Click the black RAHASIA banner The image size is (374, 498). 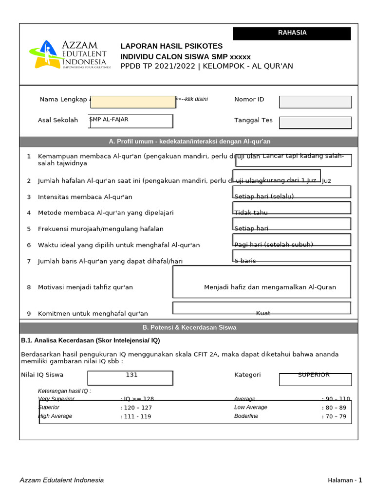coord(292,33)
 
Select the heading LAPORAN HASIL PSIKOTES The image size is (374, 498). coord(171,46)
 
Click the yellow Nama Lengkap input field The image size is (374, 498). coord(133,102)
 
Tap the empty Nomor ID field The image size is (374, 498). coord(315,102)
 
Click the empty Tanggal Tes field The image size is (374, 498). coord(315,123)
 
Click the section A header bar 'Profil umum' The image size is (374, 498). coord(189,142)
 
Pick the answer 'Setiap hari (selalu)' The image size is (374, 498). coord(264,196)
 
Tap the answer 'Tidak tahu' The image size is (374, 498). coord(251,213)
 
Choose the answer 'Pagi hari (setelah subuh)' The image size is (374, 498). coord(274,245)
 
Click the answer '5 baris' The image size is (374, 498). coord(245,261)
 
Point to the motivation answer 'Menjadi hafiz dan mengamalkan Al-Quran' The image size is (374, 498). coord(270,287)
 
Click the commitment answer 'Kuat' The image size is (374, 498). coord(263,313)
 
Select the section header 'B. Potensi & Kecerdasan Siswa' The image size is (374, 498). coord(189,328)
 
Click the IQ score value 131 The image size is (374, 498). coord(131,375)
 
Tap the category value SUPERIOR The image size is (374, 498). coord(314,375)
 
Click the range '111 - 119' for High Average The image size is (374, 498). coord(135,416)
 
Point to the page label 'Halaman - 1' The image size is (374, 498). coord(345,480)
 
